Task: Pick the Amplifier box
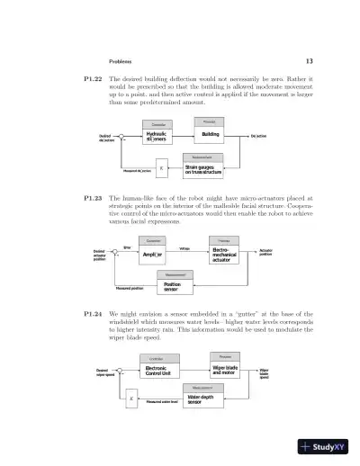coord(155,255)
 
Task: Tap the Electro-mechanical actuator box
coord(224,254)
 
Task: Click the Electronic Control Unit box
coord(158,371)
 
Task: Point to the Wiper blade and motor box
coord(225,370)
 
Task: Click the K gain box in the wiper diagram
coord(132,399)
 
